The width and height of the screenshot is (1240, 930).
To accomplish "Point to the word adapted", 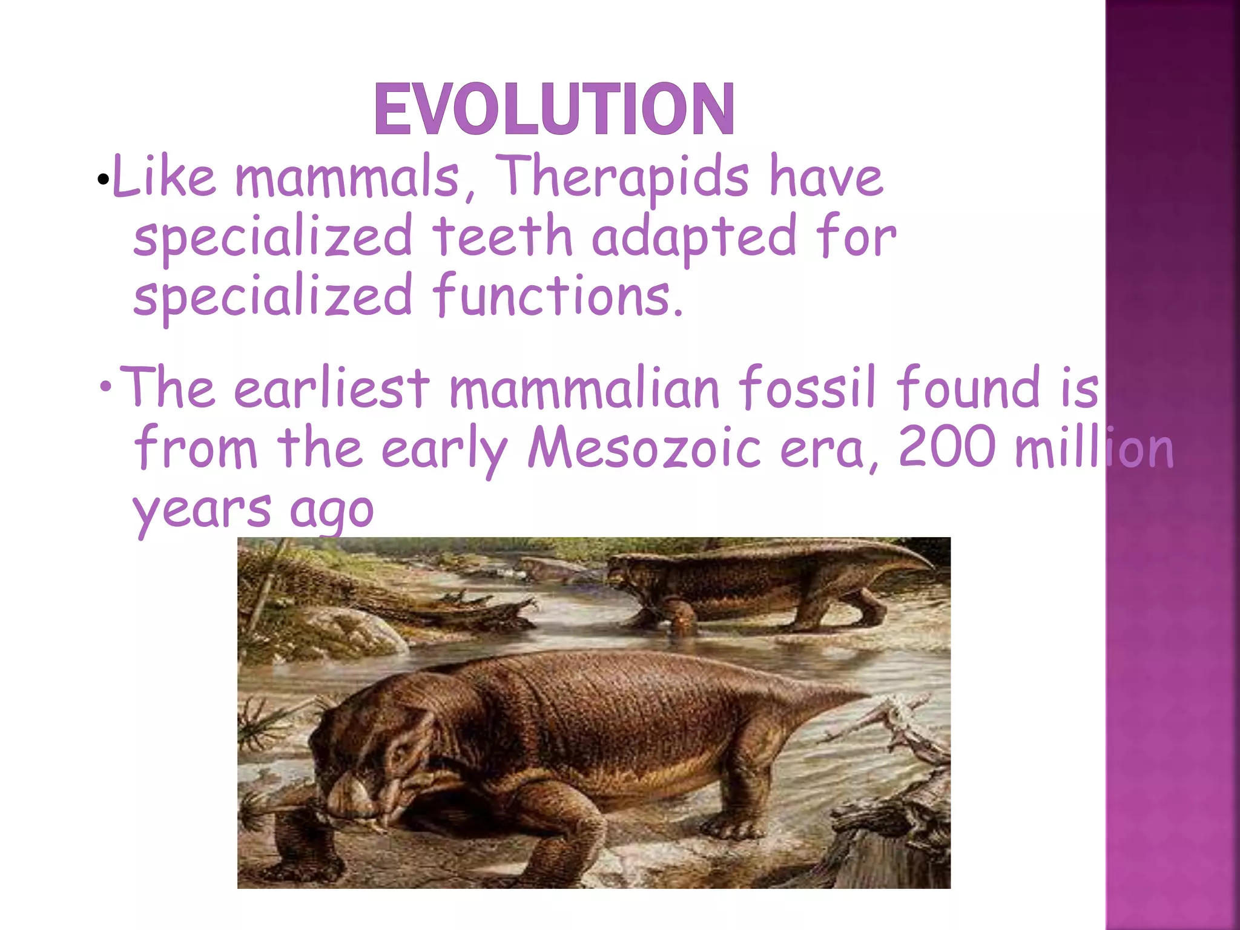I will point(693,237).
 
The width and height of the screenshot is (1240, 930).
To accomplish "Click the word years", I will point(202,510).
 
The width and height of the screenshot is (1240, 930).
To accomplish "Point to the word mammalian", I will point(584,388).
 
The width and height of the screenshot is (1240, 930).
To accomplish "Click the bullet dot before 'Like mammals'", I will point(103,179).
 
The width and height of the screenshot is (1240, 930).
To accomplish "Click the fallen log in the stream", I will point(448,605).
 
